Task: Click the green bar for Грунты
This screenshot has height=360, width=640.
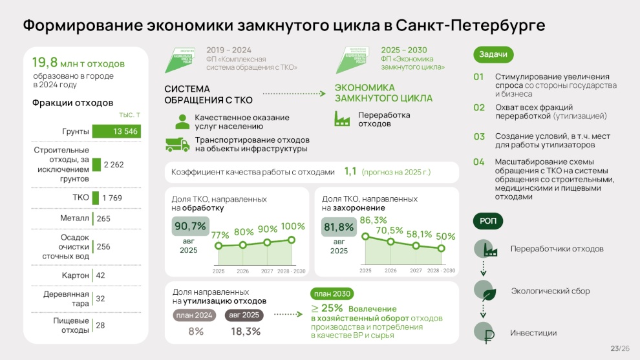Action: click(x=116, y=131)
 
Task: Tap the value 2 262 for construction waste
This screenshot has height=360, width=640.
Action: click(x=113, y=165)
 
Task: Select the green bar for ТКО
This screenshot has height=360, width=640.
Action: click(x=96, y=198)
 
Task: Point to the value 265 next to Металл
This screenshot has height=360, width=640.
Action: click(x=103, y=218)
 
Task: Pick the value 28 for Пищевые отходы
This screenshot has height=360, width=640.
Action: click(x=100, y=325)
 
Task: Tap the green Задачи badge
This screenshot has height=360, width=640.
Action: click(x=493, y=54)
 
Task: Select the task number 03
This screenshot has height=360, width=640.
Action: click(x=479, y=136)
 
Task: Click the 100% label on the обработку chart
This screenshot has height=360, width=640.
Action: click(x=293, y=226)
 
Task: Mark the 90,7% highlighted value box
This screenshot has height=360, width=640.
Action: click(x=190, y=227)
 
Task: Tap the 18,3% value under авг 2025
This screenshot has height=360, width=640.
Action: click(x=246, y=332)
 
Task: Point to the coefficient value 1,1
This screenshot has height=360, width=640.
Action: click(x=350, y=171)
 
